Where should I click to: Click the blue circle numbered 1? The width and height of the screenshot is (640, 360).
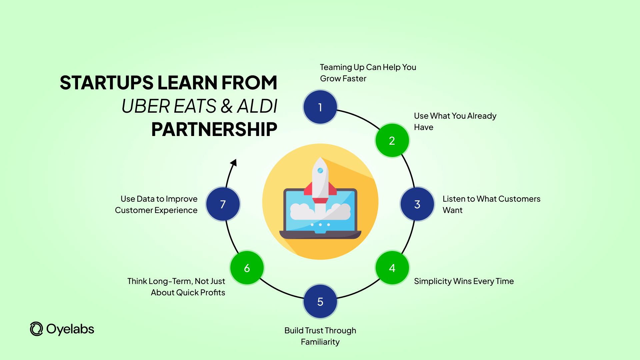[x=320, y=107]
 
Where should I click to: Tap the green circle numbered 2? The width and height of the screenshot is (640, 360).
[x=392, y=140]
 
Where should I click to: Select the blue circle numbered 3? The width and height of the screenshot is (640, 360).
[x=417, y=204]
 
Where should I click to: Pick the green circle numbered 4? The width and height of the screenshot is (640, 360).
[x=392, y=268]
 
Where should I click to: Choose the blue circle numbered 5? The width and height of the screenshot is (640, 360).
[x=320, y=301]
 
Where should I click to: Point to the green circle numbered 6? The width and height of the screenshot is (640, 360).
[x=247, y=268]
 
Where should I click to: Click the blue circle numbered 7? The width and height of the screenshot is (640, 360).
[x=223, y=204]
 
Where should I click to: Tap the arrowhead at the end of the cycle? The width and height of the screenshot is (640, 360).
[x=234, y=163]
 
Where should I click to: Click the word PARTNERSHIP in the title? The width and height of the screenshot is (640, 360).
[x=214, y=129]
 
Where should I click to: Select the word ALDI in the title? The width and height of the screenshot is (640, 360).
[x=257, y=106]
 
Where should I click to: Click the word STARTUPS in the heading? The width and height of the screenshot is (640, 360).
[x=106, y=83]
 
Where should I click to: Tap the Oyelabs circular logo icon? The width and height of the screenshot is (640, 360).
[x=36, y=329]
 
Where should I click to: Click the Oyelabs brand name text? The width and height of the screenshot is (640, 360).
[x=70, y=329]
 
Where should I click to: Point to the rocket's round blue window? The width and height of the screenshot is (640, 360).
[x=320, y=171]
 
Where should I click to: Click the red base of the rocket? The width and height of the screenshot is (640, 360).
[x=320, y=200]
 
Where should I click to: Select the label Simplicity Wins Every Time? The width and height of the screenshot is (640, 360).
[x=464, y=281]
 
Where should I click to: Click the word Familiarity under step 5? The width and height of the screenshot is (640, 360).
[x=320, y=342]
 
